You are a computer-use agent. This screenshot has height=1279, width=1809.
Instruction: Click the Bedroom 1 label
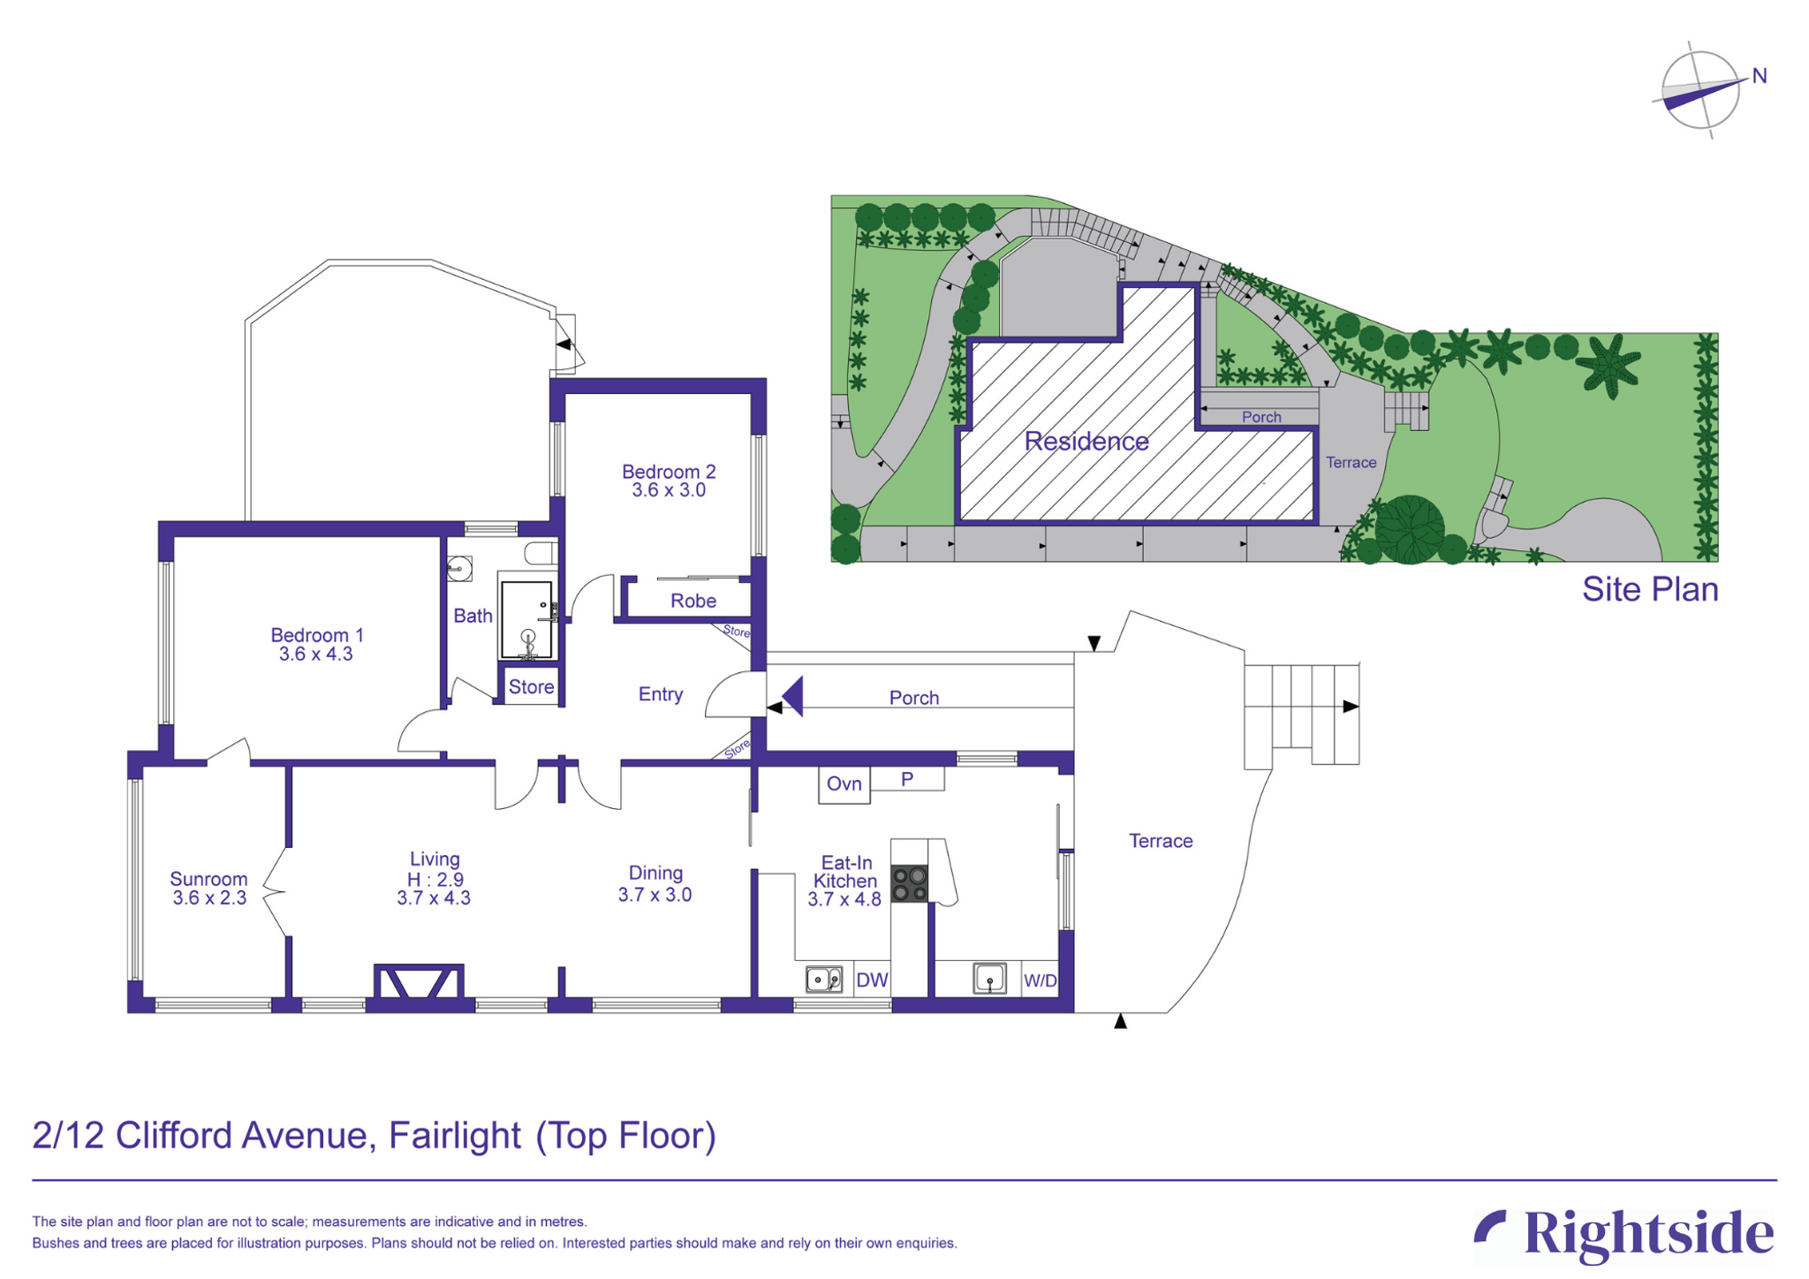pos(316,635)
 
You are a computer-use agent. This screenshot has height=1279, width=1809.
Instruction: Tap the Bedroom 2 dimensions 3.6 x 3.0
pos(669,490)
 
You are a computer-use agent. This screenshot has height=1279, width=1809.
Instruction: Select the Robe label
pos(693,601)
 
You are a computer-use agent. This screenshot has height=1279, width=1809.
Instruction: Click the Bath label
pos(473,616)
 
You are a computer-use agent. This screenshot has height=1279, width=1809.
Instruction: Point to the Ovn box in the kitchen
pos(844,784)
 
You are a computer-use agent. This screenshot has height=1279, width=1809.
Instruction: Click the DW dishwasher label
pos(873,980)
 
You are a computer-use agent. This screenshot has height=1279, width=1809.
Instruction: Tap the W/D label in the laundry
pos(1041,980)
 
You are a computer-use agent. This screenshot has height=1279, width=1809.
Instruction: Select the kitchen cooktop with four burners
pos(910,884)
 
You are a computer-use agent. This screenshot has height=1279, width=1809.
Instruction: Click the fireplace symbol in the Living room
pos(419,982)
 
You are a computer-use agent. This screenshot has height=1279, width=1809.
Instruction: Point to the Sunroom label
pos(208,879)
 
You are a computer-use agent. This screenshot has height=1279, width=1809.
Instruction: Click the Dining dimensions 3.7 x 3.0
pos(655,895)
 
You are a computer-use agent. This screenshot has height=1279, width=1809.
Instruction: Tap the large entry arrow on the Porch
pos(792,696)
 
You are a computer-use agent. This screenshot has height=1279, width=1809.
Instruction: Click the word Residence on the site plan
pos(1086,442)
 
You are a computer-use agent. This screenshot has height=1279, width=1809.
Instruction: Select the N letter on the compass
pos(1760,76)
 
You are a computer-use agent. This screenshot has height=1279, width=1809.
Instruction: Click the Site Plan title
pos(1650,589)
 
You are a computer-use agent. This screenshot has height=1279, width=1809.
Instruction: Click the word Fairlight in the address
pos(455,1136)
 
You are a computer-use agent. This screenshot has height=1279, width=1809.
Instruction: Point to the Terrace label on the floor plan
pos(1161,841)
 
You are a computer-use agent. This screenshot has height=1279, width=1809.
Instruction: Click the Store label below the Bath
pos(532,686)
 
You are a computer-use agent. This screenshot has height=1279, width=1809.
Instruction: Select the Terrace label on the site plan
pos(1351,463)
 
